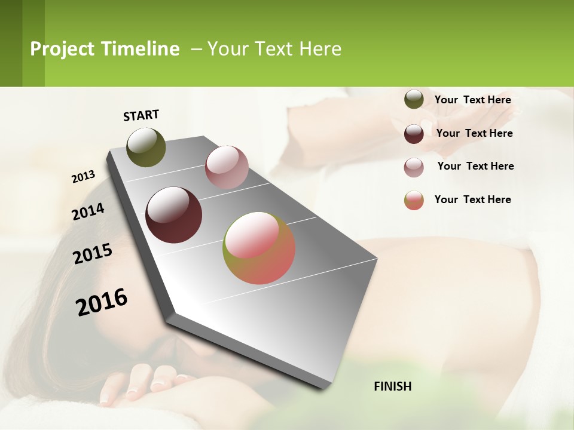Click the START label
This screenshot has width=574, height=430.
pos(141,115)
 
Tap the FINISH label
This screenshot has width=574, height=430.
pos(393,386)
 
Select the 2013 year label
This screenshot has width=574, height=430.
pos(83,177)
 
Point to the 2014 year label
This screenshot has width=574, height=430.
pos(88,211)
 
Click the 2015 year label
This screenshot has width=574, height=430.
pos(93,253)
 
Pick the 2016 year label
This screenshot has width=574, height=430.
pos(102,302)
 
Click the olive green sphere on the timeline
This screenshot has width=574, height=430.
pos(146,147)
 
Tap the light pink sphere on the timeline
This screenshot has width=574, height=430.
pos(227,167)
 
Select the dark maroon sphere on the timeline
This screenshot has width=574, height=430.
pos(173,215)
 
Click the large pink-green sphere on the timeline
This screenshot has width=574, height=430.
pos(259,248)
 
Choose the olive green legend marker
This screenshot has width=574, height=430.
pos(414,100)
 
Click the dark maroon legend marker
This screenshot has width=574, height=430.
pos(414,133)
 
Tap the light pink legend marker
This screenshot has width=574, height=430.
pos(414,167)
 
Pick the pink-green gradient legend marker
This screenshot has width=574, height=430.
pos(414,200)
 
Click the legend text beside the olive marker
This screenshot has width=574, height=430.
pos(472,100)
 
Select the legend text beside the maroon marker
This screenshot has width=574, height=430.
pos(474,133)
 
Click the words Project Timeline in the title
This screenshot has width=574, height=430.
pos(105,49)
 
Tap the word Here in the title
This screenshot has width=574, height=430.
pos(320,49)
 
